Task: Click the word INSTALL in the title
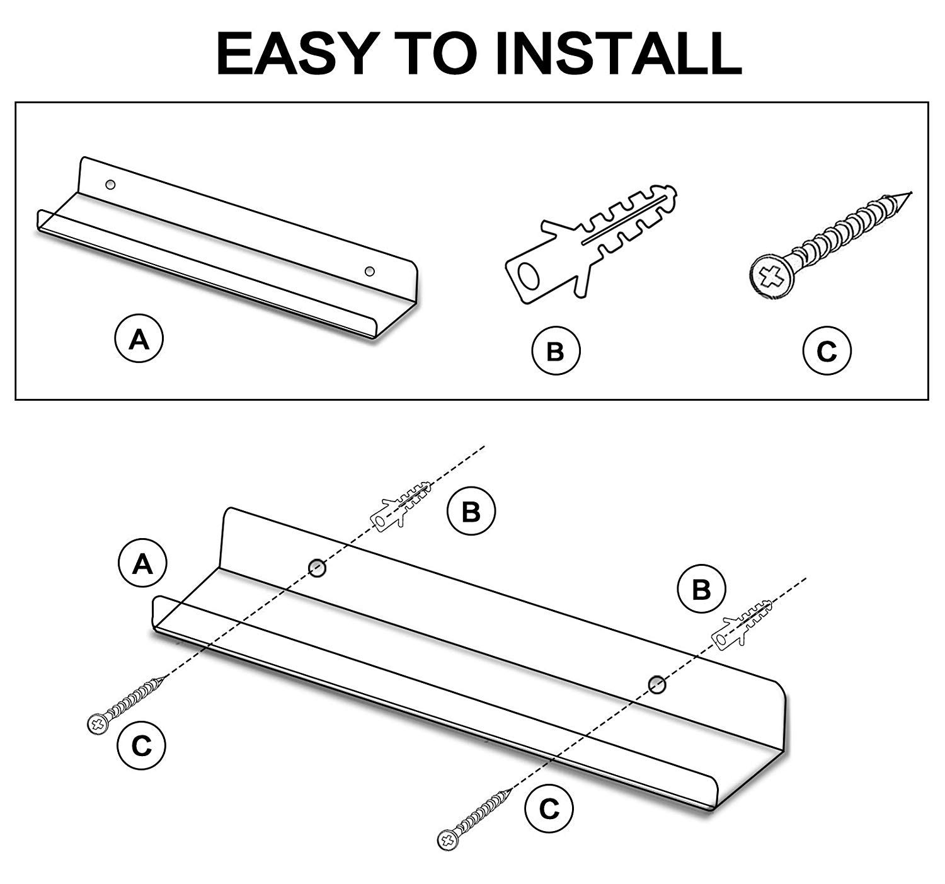coord(617,54)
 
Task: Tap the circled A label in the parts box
coord(139,338)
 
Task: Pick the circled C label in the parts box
coord(827,350)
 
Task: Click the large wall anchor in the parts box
coord(590,243)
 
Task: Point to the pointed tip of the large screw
coord(911,193)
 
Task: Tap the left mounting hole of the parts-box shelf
coord(110,184)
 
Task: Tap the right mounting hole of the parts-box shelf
coord(369,272)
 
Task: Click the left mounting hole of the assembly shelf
coord(317,568)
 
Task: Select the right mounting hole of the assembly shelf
coord(656,685)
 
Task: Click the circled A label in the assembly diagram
coord(142,563)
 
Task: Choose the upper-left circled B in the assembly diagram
coord(471,511)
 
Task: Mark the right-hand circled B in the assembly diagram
coord(701,588)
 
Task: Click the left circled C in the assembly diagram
coord(141,745)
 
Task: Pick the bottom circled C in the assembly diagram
coord(549,808)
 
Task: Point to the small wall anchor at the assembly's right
coord(742,626)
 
